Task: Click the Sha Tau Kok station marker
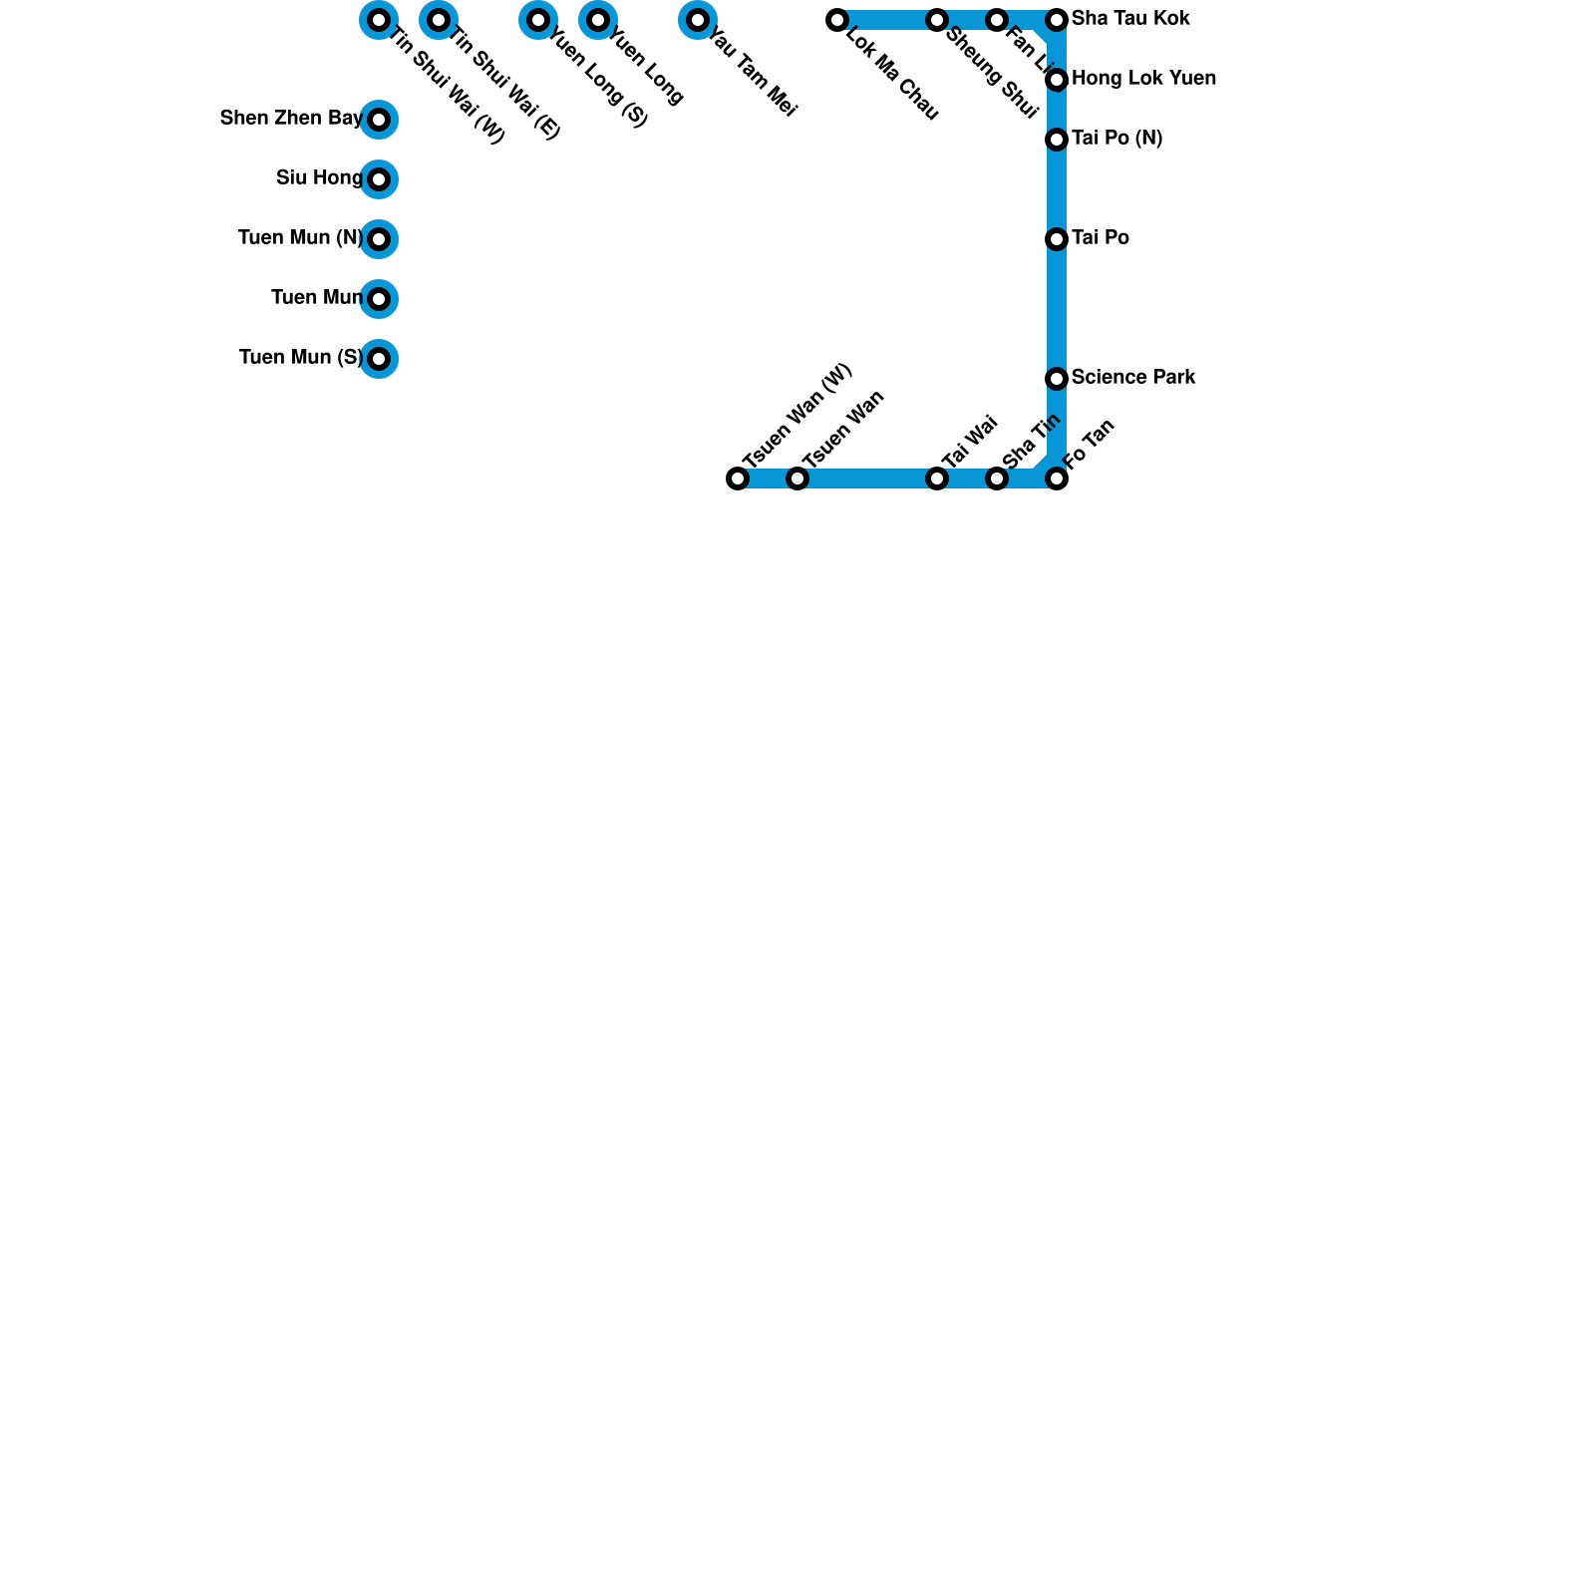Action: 1057,20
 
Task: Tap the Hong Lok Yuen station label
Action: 1143,79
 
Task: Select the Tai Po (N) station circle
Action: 1057,140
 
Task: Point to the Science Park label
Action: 1133,378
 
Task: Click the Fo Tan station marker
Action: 1057,478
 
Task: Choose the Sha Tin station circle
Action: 997,478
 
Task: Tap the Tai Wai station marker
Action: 937,478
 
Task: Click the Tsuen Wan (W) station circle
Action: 738,478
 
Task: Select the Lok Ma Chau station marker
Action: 837,20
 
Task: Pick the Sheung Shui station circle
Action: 937,20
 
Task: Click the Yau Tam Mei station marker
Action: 698,20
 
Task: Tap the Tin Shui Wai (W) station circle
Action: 379,20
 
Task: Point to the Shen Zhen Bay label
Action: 291,119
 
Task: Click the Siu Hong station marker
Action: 379,179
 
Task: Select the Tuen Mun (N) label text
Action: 300,238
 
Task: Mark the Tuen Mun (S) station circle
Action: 379,359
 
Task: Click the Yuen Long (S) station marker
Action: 538,20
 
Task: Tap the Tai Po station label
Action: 1101,238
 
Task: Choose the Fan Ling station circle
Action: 997,20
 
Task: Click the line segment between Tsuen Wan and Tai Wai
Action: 867,478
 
